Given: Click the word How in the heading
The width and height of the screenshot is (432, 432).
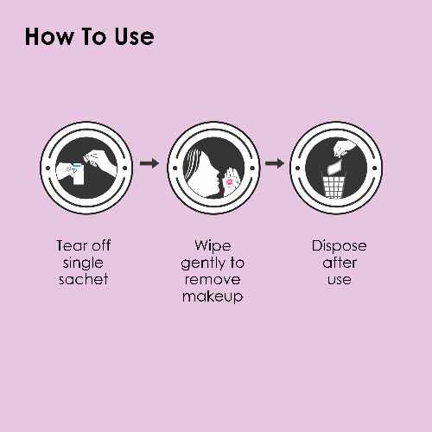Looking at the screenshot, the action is pyautogui.click(x=49, y=36).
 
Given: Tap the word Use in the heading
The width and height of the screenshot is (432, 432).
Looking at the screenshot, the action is pyautogui.click(x=135, y=36).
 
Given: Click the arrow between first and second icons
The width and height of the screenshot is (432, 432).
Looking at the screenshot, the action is pyautogui.click(x=149, y=163).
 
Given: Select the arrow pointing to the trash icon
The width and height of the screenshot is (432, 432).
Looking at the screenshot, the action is pyautogui.click(x=275, y=163).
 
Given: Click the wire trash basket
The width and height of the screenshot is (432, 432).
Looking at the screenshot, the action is pyautogui.click(x=334, y=187).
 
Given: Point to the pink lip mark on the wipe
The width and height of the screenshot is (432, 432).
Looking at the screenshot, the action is pyautogui.click(x=230, y=182).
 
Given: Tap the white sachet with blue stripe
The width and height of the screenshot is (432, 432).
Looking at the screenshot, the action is pyautogui.click(x=78, y=174).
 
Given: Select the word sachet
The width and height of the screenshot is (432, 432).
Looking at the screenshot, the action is pyautogui.click(x=83, y=279).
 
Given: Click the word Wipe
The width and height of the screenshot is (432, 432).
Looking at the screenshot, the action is pyautogui.click(x=213, y=245).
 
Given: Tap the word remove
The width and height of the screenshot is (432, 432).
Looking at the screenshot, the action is pyautogui.click(x=213, y=280).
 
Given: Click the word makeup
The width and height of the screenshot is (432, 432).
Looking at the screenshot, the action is pyautogui.click(x=213, y=296).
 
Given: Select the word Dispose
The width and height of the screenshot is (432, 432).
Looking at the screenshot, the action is pyautogui.click(x=339, y=246).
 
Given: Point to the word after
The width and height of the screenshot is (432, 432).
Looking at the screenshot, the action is pyautogui.click(x=340, y=263).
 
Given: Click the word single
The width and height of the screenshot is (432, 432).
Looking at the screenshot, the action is pyautogui.click(x=83, y=264).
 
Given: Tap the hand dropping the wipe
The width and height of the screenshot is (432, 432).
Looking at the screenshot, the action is pyautogui.click(x=345, y=148).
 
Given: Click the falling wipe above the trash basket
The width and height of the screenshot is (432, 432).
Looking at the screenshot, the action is pyautogui.click(x=334, y=168).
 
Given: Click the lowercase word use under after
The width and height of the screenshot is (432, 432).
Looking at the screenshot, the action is pyautogui.click(x=340, y=280).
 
